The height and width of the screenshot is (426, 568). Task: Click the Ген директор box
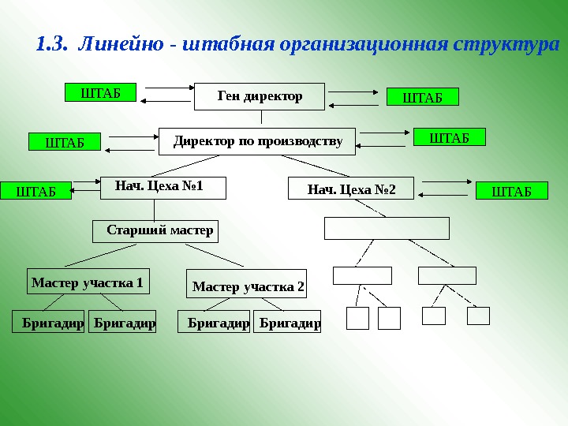pyautogui.click(x=260, y=96)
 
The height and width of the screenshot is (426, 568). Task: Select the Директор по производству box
pyautogui.click(x=258, y=142)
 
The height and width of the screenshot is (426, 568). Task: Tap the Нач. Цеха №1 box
pyautogui.click(x=163, y=187)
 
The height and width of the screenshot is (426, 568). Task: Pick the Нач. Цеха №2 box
pyautogui.click(x=351, y=189)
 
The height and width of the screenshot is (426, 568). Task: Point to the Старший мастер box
pyautogui.click(x=154, y=231)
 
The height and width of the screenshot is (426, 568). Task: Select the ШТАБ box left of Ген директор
pyautogui.click(x=100, y=92)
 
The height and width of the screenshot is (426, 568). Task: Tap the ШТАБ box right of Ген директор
pyautogui.click(x=422, y=97)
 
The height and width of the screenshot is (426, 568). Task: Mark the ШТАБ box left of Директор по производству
pyautogui.click(x=65, y=142)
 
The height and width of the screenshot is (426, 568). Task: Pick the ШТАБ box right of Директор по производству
pyautogui.click(x=449, y=137)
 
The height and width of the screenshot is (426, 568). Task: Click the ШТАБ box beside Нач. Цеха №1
pyautogui.click(x=35, y=190)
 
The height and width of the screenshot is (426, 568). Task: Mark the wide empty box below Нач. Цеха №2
pyautogui.click(x=387, y=228)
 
